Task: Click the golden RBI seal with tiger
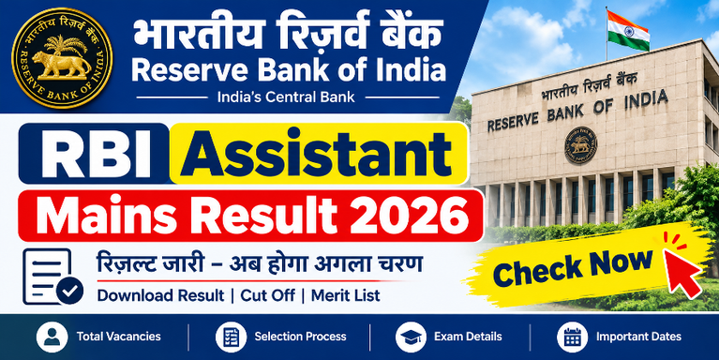tap(62, 58)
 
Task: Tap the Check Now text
tap(573, 267)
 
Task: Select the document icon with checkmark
tap(52, 277)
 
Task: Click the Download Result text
tap(160, 296)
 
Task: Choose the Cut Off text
tap(268, 296)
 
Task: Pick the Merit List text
tap(346, 296)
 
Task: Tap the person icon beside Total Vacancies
tap(52, 337)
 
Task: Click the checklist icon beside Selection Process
tap(232, 337)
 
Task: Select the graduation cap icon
tap(411, 337)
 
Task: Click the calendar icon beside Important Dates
tap(572, 337)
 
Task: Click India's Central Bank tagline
tap(286, 97)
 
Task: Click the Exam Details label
tap(468, 337)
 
